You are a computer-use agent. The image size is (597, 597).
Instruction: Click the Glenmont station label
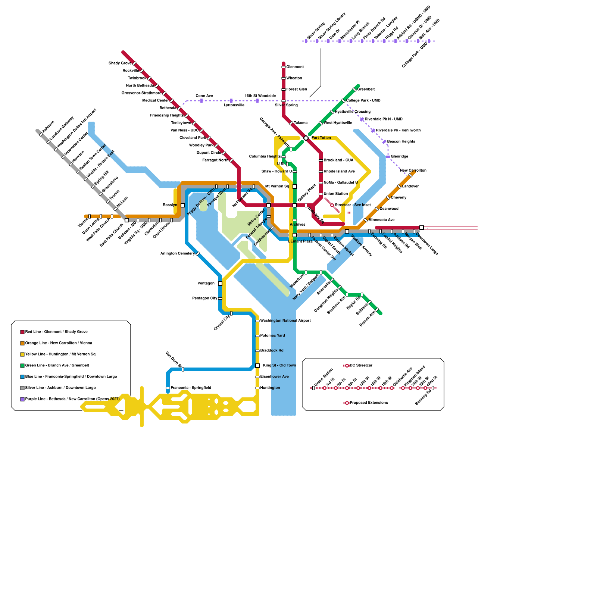(295, 67)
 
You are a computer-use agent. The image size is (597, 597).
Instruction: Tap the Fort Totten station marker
(306, 138)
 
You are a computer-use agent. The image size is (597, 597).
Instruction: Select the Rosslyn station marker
(183, 205)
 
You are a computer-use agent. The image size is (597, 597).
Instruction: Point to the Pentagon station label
(206, 284)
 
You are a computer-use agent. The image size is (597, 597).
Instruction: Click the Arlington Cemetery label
(177, 254)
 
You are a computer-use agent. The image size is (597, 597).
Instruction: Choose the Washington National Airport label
(285, 321)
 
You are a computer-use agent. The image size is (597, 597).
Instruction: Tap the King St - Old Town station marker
(257, 366)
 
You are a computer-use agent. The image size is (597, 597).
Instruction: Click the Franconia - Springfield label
(191, 388)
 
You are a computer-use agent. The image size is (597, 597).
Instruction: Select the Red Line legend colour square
(22, 332)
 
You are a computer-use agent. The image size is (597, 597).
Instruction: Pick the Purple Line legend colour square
(22, 399)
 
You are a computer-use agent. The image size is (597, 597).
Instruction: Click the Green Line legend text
(57, 366)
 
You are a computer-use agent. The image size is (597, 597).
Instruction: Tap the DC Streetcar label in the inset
(361, 366)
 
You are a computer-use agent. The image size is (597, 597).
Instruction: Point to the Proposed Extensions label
(369, 403)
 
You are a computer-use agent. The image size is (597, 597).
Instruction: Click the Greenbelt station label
(366, 90)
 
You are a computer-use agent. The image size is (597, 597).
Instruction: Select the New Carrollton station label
(413, 171)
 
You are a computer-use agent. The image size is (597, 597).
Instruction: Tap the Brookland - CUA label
(338, 160)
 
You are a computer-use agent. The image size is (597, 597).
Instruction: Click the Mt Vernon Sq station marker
(295, 187)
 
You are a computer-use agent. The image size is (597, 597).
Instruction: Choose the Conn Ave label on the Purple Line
(204, 96)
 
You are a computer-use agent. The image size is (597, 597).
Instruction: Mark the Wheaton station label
(294, 78)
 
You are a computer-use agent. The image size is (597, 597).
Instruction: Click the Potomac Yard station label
(272, 336)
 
